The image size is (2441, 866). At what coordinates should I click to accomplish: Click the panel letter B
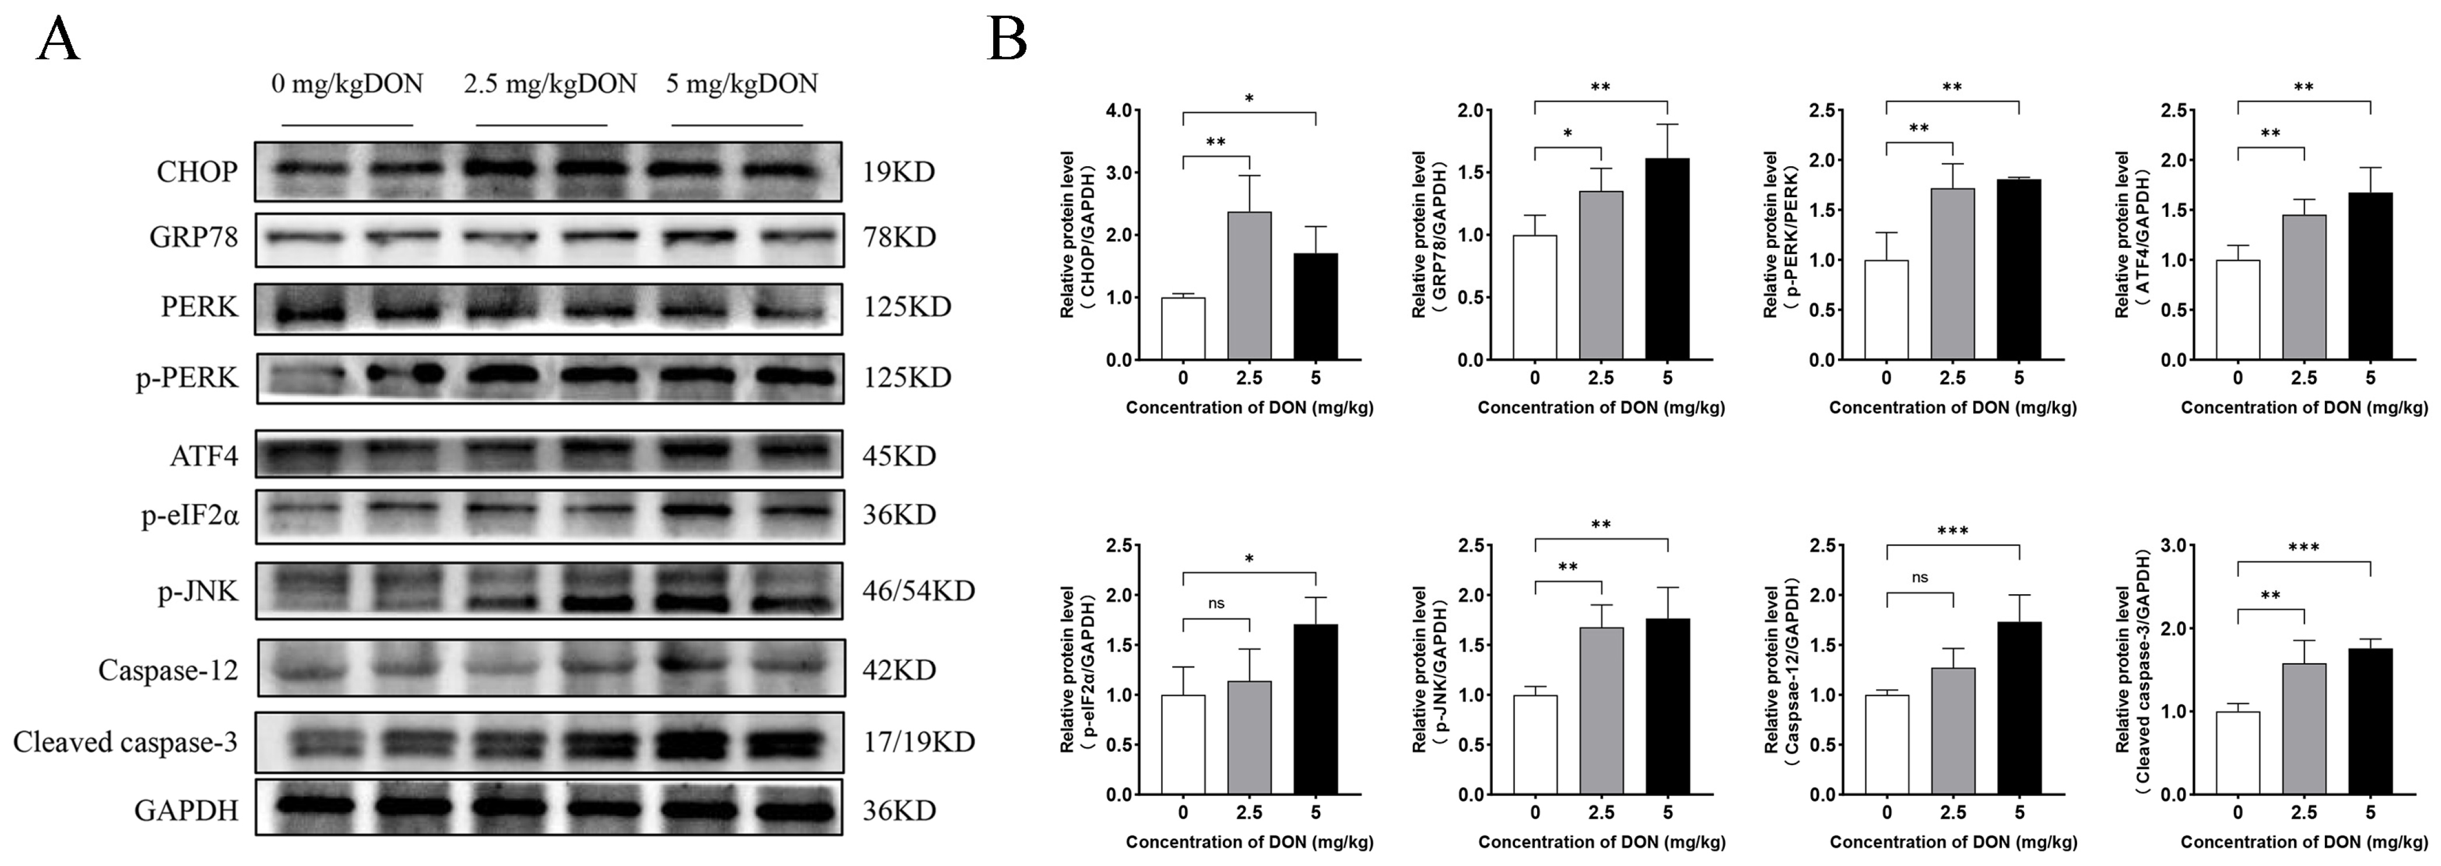[1006, 41]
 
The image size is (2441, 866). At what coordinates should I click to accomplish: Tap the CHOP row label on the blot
[197, 173]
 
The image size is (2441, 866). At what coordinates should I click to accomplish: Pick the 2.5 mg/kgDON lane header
[549, 85]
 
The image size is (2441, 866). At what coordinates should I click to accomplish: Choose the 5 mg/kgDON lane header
[741, 85]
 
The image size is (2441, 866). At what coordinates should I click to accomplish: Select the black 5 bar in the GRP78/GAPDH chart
[1667, 259]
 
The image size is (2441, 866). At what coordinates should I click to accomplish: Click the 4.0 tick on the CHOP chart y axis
[1119, 111]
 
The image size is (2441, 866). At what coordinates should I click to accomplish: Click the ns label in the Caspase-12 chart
[1920, 577]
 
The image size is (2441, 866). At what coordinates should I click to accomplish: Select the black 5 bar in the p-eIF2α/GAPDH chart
[1316, 709]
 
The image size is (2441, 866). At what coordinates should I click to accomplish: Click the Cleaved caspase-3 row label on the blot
[125, 742]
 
